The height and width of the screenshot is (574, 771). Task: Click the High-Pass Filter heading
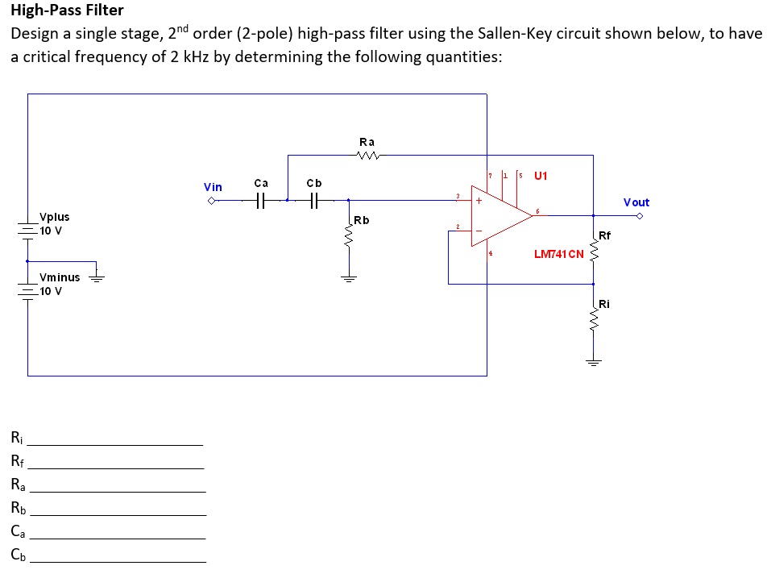pyautogui.click(x=67, y=10)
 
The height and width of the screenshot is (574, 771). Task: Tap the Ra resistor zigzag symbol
pyautogui.click(x=367, y=156)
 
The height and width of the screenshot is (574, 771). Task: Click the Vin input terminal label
pyautogui.click(x=213, y=187)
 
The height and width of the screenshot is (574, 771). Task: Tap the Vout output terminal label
pyautogui.click(x=636, y=202)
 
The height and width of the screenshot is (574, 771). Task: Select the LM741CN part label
pyautogui.click(x=558, y=255)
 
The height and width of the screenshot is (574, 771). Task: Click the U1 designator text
pyautogui.click(x=540, y=175)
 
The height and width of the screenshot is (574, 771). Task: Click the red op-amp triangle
pyautogui.click(x=499, y=215)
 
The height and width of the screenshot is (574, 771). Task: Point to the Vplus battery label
pyautogui.click(x=55, y=217)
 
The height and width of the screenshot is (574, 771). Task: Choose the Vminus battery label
pyautogui.click(x=60, y=277)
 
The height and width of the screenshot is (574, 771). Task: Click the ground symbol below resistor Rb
pyautogui.click(x=348, y=279)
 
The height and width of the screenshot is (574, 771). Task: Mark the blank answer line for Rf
pyautogui.click(x=116, y=468)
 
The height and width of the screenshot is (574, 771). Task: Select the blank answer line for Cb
pyautogui.click(x=118, y=560)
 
